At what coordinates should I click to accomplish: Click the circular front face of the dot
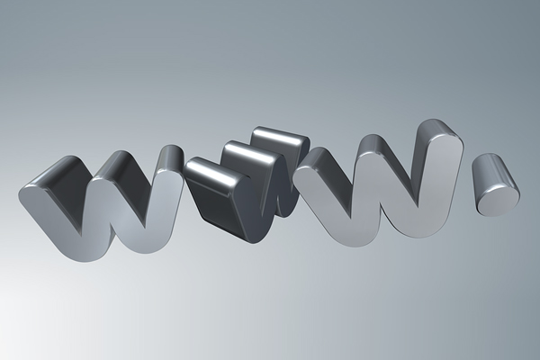[497, 200]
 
